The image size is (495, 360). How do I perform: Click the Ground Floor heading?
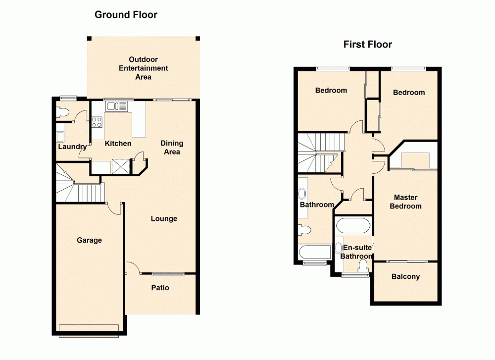(126, 15)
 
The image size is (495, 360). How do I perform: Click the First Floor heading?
(367, 45)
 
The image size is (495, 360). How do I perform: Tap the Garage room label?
(89, 240)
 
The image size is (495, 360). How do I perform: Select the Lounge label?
(164, 218)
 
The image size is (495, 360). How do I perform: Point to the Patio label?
(160, 287)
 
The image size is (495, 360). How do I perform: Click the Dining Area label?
(172, 148)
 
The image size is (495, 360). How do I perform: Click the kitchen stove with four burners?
(97, 122)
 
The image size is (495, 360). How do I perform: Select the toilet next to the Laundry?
(62, 112)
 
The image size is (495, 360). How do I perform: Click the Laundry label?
(72, 147)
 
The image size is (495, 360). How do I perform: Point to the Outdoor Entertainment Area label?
(143, 68)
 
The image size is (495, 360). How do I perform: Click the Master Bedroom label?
(405, 202)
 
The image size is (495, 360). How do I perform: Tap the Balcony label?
(405, 277)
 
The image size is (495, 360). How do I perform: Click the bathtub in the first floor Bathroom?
(314, 252)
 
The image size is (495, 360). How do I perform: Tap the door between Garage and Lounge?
(114, 208)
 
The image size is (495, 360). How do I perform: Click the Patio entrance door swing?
(133, 268)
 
